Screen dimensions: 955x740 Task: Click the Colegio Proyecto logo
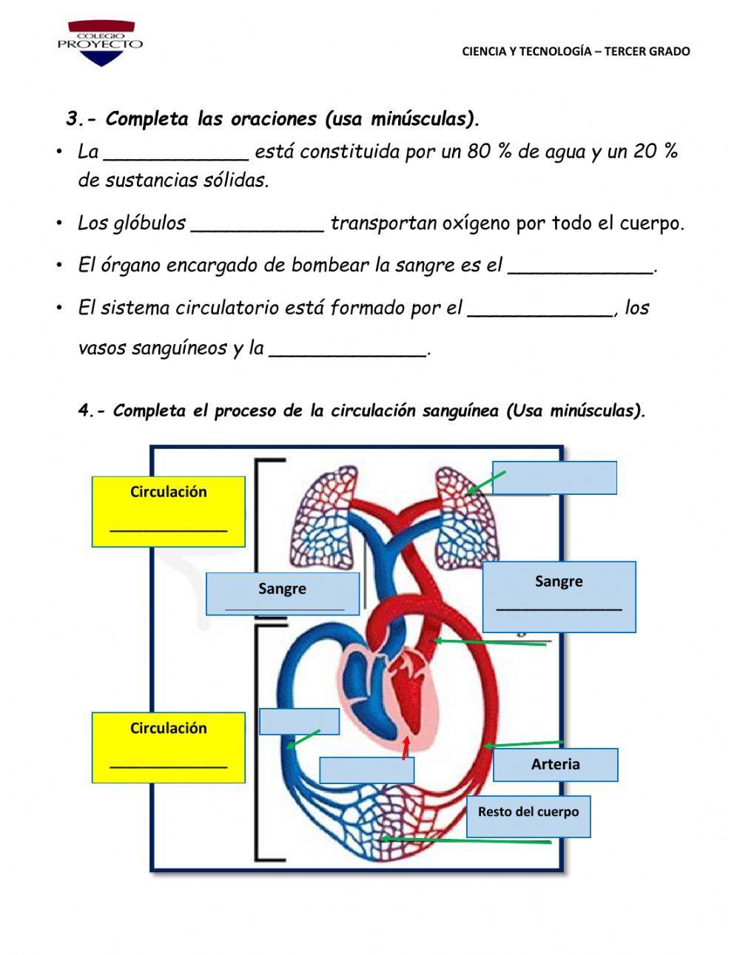click(x=100, y=42)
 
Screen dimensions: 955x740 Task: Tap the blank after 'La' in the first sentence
click(x=176, y=153)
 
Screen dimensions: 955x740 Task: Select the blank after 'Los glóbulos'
click(x=257, y=224)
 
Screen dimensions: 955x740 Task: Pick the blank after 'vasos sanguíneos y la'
click(x=348, y=349)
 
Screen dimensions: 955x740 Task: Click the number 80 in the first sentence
click(x=479, y=152)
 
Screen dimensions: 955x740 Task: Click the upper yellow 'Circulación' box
click(x=169, y=511)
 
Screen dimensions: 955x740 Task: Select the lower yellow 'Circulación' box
click(x=169, y=747)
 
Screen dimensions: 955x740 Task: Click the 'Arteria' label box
click(x=555, y=765)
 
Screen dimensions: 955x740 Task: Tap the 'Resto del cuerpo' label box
click(x=528, y=816)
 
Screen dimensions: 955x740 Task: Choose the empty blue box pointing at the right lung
click(x=555, y=478)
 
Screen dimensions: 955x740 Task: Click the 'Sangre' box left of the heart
click(x=283, y=593)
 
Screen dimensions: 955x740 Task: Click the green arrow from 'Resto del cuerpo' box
click(x=466, y=840)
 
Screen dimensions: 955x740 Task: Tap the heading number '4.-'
click(x=93, y=411)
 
